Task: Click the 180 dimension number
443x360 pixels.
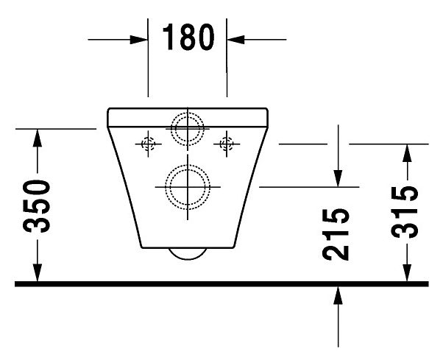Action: [188, 38]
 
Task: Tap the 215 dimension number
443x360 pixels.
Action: [337, 234]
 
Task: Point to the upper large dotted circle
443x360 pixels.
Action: [188, 127]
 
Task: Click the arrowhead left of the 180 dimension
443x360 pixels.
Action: [140, 38]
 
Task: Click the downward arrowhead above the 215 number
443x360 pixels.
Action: [338, 177]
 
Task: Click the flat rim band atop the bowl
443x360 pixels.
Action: [188, 116]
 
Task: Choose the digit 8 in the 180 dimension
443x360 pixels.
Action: [188, 38]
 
